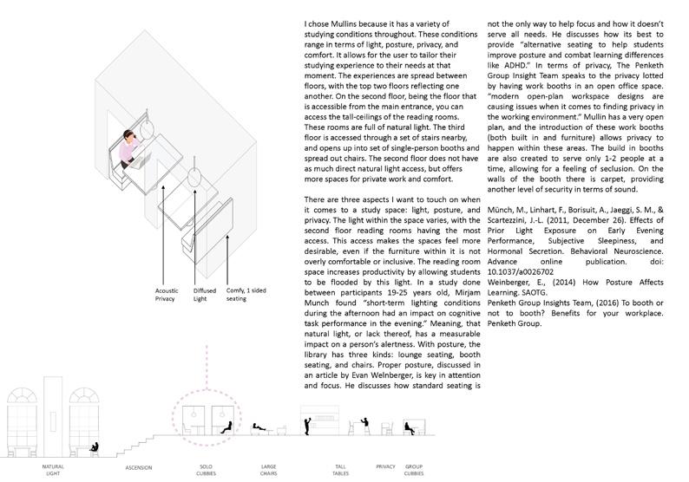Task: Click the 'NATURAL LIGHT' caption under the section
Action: [54, 468]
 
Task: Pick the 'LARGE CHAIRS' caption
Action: [269, 468]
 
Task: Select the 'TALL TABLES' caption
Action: [341, 468]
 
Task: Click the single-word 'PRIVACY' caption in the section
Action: [386, 466]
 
